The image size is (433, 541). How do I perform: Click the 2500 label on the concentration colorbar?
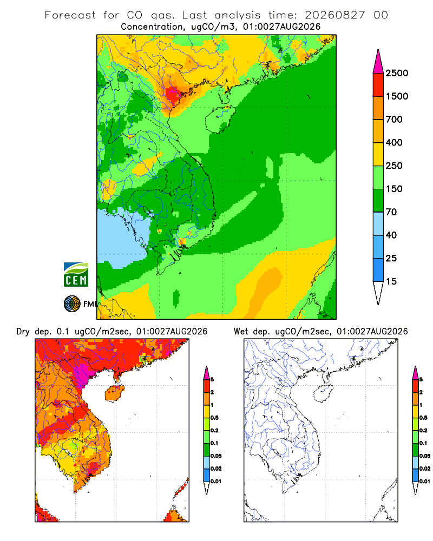pyautogui.click(x=397, y=73)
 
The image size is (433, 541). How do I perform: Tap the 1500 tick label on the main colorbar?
pyautogui.click(x=397, y=96)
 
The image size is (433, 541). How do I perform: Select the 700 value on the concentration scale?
pyautogui.click(x=394, y=120)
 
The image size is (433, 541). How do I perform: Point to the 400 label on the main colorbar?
pyautogui.click(x=394, y=142)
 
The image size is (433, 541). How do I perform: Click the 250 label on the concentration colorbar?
pyautogui.click(x=394, y=166)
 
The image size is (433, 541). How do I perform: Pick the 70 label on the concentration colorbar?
pyautogui.click(x=391, y=212)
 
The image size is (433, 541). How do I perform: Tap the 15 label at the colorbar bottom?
pyautogui.click(x=391, y=281)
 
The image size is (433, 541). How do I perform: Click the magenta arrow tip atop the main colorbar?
pyautogui.click(x=378, y=50)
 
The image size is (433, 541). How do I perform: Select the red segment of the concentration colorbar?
pyautogui.click(x=378, y=85)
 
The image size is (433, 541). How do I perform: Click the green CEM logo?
pyautogui.click(x=76, y=275)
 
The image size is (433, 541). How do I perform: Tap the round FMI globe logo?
pyautogui.click(x=72, y=304)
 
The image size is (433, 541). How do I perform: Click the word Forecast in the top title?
pyautogui.click(x=70, y=15)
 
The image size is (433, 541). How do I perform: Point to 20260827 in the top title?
pyautogui.click(x=334, y=15)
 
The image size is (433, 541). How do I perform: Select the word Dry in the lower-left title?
pyautogui.click(x=23, y=332)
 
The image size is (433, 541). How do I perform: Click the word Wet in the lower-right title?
pyautogui.click(x=241, y=332)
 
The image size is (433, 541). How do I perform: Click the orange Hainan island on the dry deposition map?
pyautogui.click(x=115, y=393)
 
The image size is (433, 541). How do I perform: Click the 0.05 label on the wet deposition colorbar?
pyautogui.click(x=425, y=456)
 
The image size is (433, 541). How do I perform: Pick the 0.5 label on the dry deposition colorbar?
pyautogui.click(x=214, y=418)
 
